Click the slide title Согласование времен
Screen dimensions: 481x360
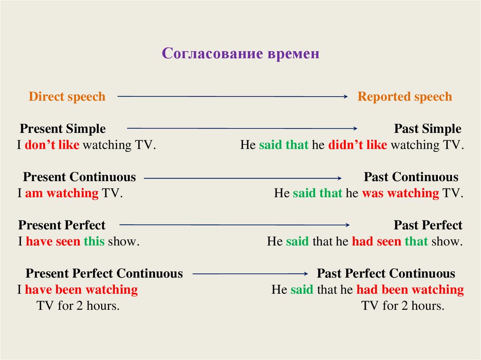point(240,54)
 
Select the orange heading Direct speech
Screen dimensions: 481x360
point(67,97)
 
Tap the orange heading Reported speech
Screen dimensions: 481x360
point(404,97)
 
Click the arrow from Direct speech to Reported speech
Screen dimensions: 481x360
point(232,97)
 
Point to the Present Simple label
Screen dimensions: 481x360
point(62,129)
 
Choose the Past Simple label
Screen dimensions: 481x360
point(427,129)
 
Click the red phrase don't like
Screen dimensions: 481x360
point(52,145)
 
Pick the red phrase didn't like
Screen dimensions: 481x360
point(357,145)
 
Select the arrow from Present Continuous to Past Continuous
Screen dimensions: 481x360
point(242,178)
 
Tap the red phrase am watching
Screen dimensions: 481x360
point(62,193)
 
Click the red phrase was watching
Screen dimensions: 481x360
point(400,193)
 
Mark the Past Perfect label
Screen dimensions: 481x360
point(428,225)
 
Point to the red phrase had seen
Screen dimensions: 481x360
point(376,242)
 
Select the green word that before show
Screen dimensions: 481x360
point(416,242)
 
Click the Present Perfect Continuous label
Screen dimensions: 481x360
point(104,274)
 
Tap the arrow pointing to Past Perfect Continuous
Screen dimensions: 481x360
point(250,274)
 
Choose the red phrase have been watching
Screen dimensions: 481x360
point(81,290)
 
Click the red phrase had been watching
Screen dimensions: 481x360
point(410,290)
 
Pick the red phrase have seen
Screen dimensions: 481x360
point(53,242)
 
